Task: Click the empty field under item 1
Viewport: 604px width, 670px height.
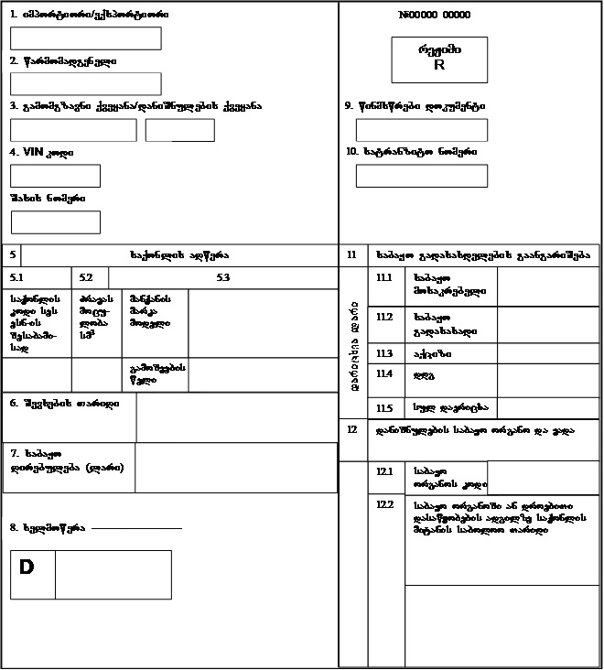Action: tap(85, 38)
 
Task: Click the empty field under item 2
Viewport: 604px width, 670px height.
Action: tap(85, 84)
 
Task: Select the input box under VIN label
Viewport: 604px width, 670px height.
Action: tap(55, 176)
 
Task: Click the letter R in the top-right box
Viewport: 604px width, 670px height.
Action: tap(439, 66)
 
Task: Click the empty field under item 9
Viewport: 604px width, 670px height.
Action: tap(421, 130)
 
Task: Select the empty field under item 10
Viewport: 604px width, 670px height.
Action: tap(421, 176)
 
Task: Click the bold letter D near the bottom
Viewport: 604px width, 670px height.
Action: tap(27, 567)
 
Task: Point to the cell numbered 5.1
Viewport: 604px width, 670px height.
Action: tap(16, 277)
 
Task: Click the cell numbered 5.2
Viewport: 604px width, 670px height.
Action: tap(86, 277)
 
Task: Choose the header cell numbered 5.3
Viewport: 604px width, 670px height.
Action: tap(222, 277)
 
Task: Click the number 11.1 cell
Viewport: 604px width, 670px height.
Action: tap(384, 277)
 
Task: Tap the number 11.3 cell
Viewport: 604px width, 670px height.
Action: tap(384, 353)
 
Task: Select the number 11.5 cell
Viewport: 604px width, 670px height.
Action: tap(384, 408)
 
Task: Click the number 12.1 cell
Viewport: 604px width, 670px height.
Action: tap(384, 471)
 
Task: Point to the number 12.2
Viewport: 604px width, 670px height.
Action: tap(384, 504)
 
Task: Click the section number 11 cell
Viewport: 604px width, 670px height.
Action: tap(352, 254)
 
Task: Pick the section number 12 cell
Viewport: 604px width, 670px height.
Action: tap(352, 428)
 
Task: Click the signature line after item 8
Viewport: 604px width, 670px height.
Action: tap(136, 528)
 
